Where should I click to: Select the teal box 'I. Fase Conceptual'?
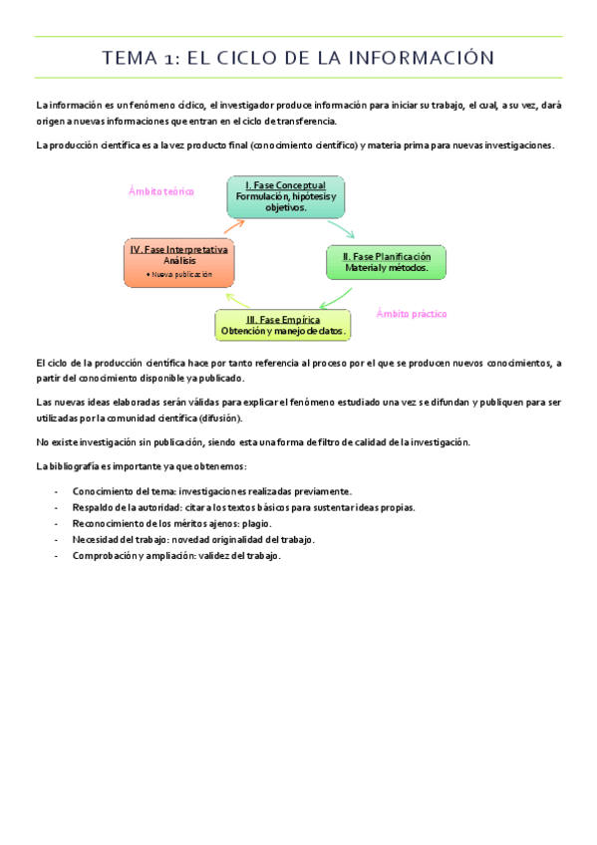(285, 196)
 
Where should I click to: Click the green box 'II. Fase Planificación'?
(386, 262)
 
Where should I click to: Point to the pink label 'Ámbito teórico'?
(161, 190)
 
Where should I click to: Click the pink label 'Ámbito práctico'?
(412, 314)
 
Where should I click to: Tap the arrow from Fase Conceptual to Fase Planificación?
(342, 231)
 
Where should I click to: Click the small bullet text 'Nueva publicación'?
(179, 274)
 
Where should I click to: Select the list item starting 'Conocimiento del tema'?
(211, 491)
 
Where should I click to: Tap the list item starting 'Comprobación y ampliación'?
(176, 555)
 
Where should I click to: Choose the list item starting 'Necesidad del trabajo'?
(193, 539)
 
